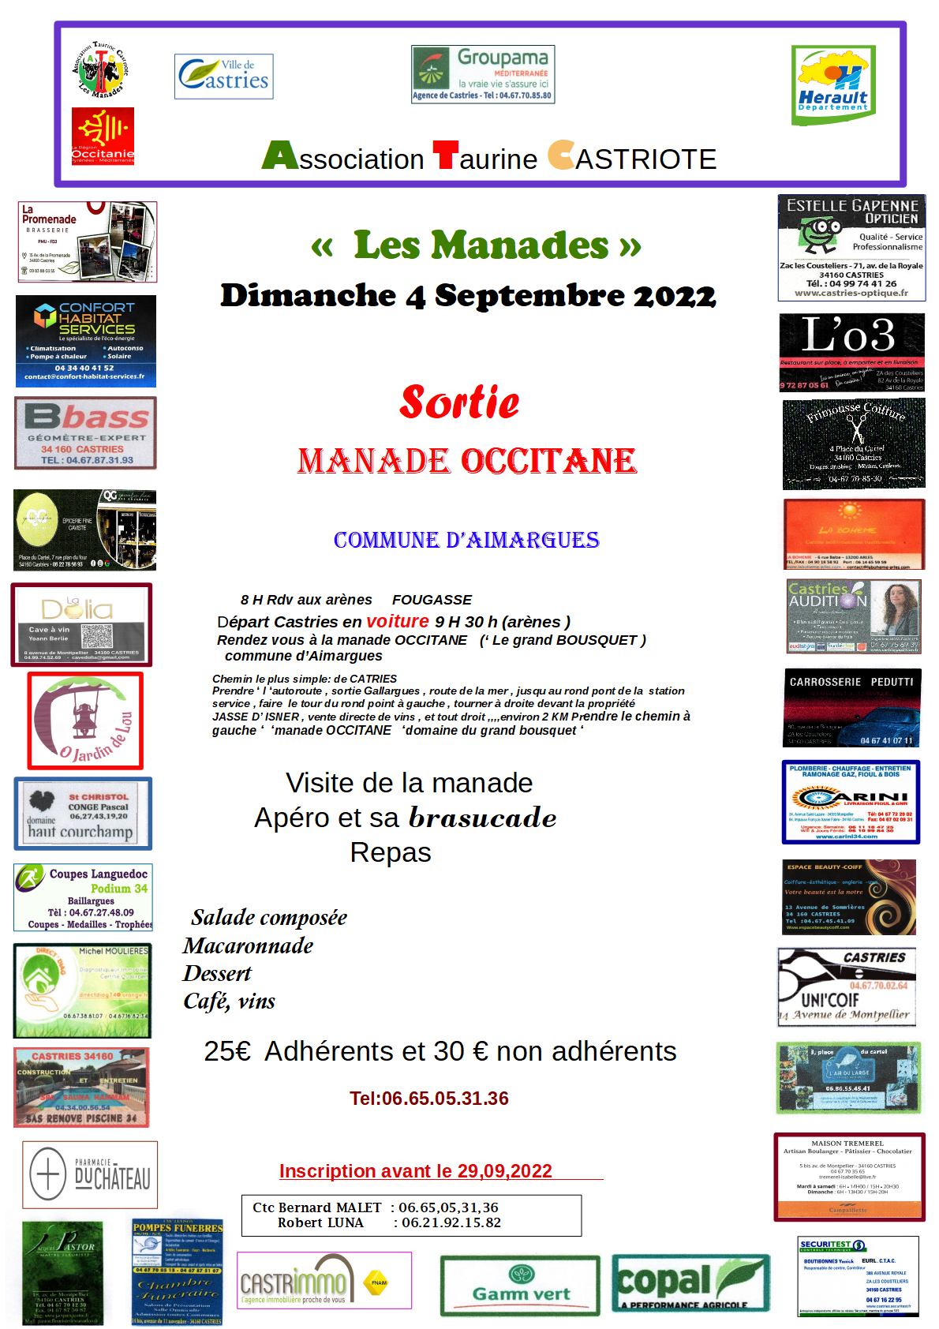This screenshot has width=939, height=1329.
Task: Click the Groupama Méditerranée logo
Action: (482, 74)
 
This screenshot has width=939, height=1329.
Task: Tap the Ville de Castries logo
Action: (224, 77)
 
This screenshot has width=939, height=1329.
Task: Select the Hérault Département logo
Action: (832, 85)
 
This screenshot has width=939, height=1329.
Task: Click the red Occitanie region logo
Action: (103, 136)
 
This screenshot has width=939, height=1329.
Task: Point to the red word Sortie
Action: (459, 402)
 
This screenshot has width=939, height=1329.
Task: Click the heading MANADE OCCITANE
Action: (467, 462)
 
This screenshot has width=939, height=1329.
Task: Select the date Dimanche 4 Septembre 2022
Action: (468, 296)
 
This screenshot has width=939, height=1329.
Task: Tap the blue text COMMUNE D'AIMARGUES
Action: (466, 541)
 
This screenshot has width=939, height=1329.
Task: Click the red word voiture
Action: (398, 621)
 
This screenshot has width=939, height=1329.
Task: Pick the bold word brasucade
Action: (482, 818)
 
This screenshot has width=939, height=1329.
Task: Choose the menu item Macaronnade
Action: (248, 945)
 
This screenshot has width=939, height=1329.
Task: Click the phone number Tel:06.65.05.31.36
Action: (429, 1099)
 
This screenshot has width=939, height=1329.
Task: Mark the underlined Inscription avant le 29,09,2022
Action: (416, 1171)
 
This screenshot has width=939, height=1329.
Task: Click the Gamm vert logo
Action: (521, 1283)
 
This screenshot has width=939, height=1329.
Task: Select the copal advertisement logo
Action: (690, 1283)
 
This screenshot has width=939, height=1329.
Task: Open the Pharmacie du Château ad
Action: (90, 1175)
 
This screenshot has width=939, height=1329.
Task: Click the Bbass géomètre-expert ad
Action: (85, 433)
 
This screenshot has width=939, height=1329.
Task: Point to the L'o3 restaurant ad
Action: (851, 352)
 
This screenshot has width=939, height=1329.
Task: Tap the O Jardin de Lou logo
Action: (85, 721)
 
